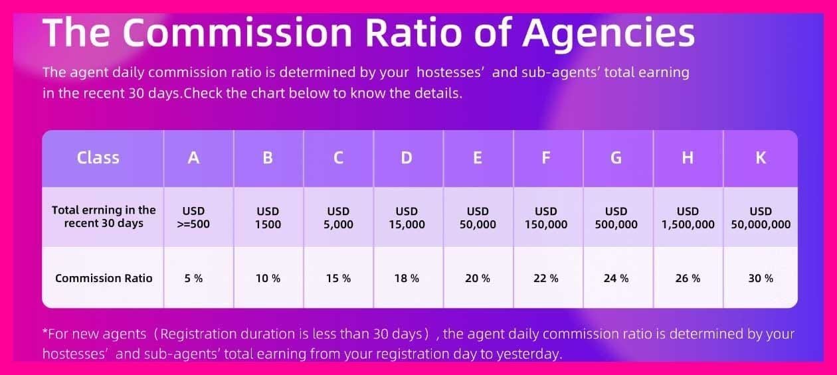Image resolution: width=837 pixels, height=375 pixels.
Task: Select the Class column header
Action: [x=98, y=158]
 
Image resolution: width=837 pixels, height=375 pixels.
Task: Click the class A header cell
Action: [x=194, y=158]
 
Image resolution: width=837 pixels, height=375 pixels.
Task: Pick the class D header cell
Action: [x=407, y=158]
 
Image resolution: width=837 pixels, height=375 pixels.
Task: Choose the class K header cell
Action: [x=761, y=158]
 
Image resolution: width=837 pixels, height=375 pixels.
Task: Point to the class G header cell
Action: [x=616, y=158]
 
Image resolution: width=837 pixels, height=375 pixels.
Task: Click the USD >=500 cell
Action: [x=193, y=218]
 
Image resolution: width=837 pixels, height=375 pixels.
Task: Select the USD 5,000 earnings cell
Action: [x=338, y=218]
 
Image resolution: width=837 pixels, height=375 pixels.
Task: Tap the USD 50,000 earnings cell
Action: [x=478, y=218]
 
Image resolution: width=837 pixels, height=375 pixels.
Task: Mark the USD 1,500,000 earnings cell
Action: [x=688, y=218]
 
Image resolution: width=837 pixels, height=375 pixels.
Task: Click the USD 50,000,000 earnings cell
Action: [x=761, y=218]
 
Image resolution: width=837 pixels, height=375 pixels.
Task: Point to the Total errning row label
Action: [x=104, y=216]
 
